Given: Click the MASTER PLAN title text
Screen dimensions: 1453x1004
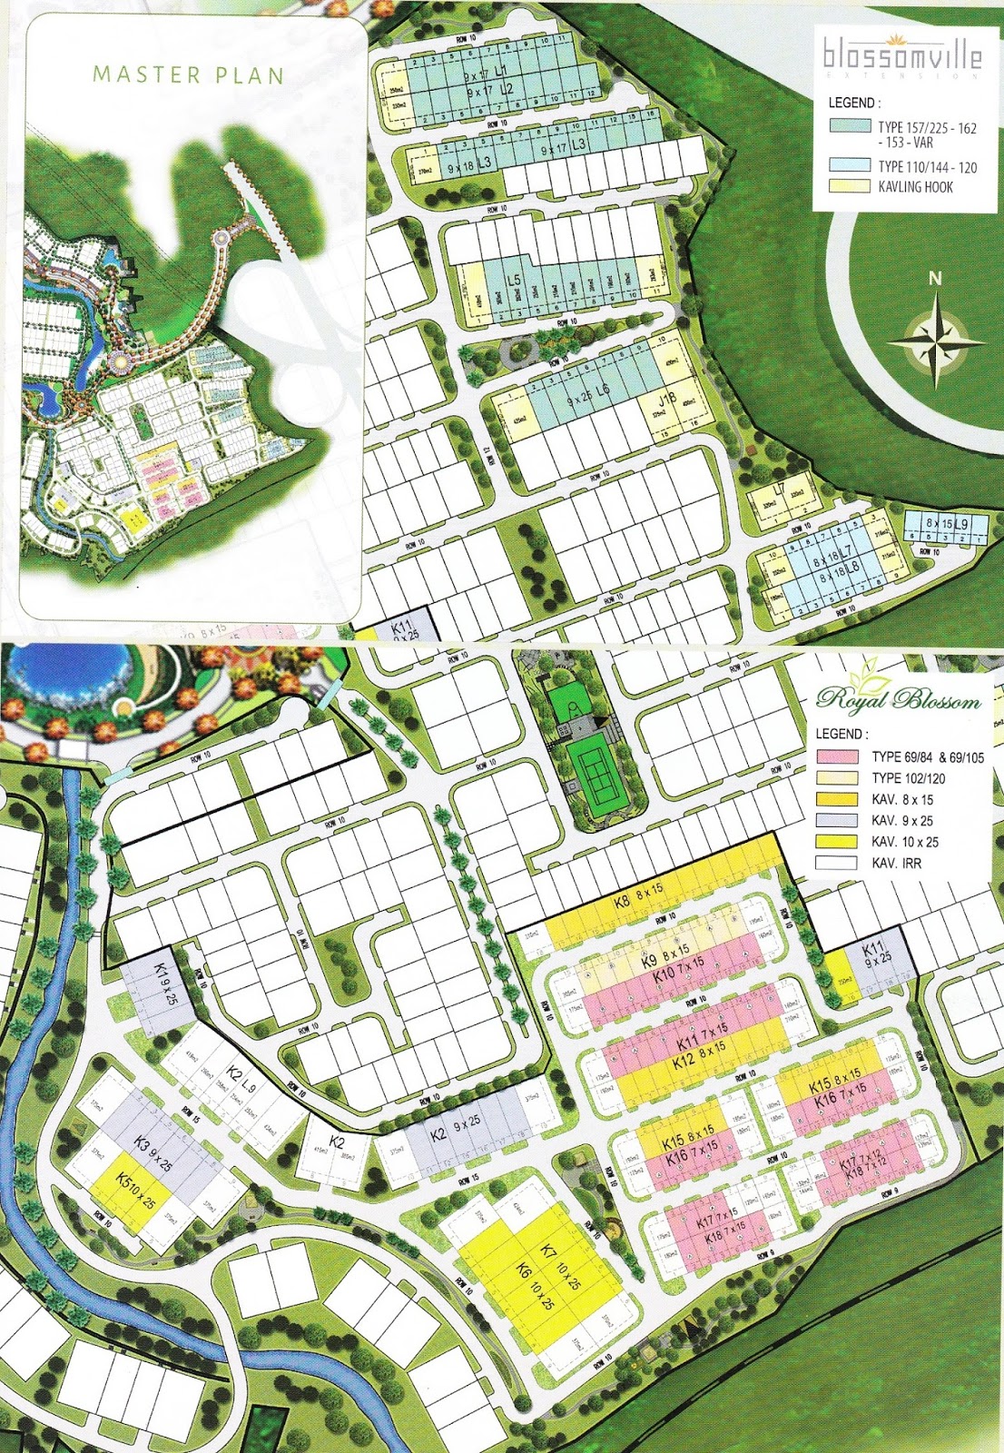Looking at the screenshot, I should [188, 74].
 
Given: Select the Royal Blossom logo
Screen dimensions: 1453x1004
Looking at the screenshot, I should [898, 698].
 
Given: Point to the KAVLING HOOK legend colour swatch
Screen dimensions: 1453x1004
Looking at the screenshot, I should [850, 186].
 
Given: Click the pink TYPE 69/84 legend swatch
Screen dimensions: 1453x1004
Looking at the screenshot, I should [837, 756].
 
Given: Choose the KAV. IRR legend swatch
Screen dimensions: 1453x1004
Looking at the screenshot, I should [837, 863].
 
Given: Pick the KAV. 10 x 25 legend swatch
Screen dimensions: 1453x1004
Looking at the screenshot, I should [837, 842].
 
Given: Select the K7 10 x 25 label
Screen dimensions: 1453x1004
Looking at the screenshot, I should [561, 1265].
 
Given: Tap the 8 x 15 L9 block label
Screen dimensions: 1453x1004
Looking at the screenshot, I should [947, 525].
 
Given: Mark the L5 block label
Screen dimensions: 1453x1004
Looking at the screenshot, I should [513, 281].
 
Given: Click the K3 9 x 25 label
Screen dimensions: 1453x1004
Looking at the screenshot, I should [153, 1152].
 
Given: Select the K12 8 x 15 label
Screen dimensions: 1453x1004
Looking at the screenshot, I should [699, 1053].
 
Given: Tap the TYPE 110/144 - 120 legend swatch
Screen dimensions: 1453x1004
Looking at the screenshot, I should [850, 165].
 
